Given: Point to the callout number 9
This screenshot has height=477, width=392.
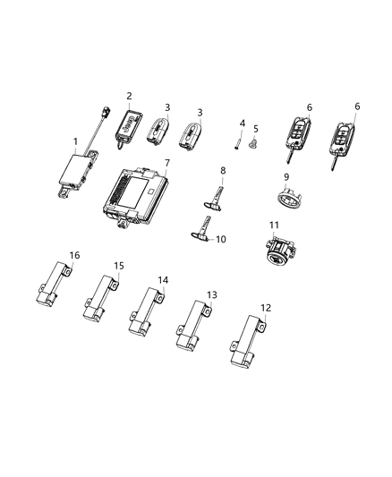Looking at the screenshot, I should (x=285, y=177).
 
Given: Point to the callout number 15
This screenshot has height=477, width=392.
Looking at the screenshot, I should (x=118, y=266).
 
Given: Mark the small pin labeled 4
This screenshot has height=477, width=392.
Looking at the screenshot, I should (x=241, y=138).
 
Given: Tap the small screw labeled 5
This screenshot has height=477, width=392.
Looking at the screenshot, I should (x=253, y=143).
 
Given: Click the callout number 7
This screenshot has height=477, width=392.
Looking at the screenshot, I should (x=166, y=164).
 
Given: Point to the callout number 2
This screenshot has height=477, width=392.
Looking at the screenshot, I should (x=129, y=96).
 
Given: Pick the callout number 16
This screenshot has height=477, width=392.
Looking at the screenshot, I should (x=74, y=256).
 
